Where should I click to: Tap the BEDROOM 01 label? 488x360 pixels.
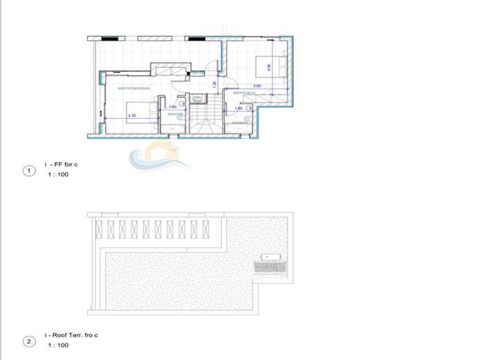tap(244, 92)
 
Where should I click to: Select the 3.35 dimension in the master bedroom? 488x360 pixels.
tap(132, 116)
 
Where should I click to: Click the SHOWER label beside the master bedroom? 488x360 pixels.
tap(175, 114)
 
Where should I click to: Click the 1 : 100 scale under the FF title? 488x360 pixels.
tap(58, 174)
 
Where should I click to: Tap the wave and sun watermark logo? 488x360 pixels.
tap(154, 154)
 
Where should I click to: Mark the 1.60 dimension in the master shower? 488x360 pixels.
tap(173, 107)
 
